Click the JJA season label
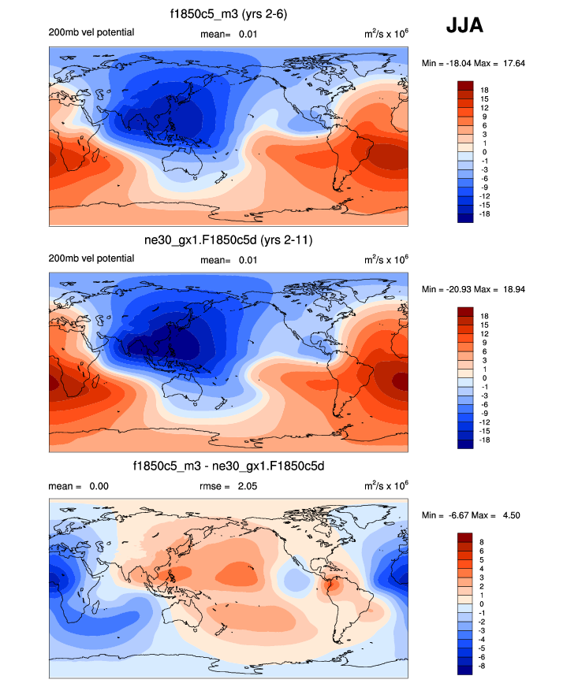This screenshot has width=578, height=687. click(x=464, y=26)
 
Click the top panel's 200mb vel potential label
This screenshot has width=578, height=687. click(x=91, y=32)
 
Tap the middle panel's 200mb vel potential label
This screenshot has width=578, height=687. click(x=91, y=258)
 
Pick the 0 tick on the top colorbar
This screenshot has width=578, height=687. click(x=483, y=152)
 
